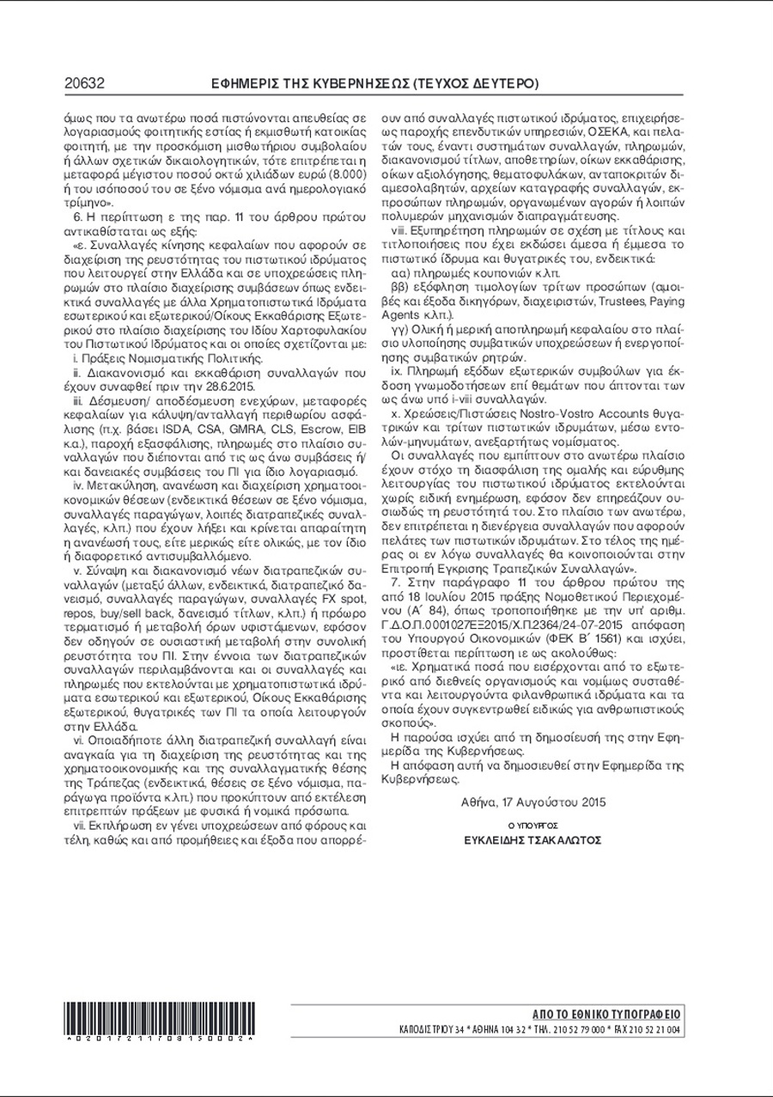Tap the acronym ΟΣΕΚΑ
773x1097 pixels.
click(609, 134)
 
